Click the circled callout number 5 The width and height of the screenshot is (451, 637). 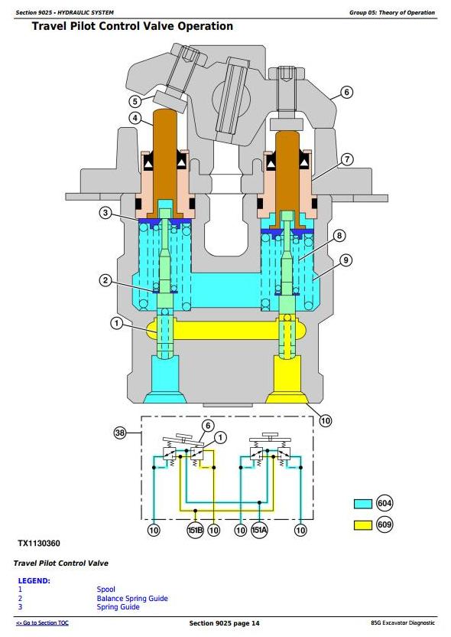[x=135, y=101]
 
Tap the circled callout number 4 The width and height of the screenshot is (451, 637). [x=135, y=118]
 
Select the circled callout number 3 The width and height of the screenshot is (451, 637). [x=105, y=213]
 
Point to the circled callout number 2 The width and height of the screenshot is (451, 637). [x=105, y=280]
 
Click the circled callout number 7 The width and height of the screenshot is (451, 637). [x=347, y=159]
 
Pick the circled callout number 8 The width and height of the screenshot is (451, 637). [x=339, y=236]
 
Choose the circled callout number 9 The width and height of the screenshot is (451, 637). [x=346, y=260]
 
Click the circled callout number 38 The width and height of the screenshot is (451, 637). [x=120, y=433]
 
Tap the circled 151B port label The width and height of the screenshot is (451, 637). [x=195, y=530]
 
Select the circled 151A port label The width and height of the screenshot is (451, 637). [x=260, y=530]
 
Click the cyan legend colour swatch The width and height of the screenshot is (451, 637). [x=363, y=504]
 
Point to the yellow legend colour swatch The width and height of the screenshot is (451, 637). [x=363, y=525]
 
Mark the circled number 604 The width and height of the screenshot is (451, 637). [x=384, y=504]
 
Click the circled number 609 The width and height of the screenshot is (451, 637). [x=384, y=524]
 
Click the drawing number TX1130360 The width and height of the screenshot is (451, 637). [x=39, y=544]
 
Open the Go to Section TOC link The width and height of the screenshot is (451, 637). [x=42, y=622]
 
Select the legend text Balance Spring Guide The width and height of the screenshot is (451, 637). [x=132, y=598]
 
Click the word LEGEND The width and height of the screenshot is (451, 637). [x=34, y=581]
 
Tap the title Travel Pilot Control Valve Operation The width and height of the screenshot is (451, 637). [x=132, y=26]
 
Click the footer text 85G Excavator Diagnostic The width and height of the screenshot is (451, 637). [x=403, y=622]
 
